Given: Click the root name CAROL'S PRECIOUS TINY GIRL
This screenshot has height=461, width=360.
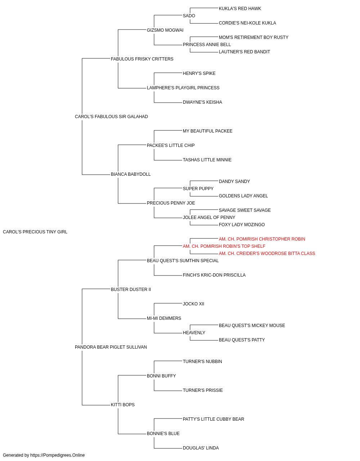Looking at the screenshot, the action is pos(35,232).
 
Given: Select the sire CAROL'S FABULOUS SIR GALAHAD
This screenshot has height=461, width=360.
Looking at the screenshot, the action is pos(111,117).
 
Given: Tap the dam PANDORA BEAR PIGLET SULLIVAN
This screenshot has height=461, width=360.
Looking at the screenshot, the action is pos(111,347).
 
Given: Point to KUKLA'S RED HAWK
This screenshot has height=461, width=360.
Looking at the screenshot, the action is pos(240,9).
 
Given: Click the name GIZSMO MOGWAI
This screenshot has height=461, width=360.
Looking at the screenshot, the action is pos(165,30).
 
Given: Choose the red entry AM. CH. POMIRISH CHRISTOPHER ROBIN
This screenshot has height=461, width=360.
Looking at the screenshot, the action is pos(262,239).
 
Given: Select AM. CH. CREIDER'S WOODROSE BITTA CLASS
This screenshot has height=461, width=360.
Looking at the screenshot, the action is pos(267,254).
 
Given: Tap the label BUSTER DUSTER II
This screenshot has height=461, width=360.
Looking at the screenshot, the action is pos(131,290).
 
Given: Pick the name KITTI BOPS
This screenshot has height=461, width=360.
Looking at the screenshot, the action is pos(123,405).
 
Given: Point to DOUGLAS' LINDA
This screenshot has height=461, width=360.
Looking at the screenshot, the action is pos(201,448).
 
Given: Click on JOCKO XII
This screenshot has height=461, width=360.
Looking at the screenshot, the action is pos(194,304).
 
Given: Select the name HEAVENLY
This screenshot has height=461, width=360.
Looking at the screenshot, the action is pos(194,333).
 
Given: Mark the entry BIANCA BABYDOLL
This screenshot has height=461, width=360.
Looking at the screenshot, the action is pos(131,174).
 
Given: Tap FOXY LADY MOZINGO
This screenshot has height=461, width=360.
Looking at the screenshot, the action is pos(242,225).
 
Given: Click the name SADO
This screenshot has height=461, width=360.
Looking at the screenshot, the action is pos(189,16).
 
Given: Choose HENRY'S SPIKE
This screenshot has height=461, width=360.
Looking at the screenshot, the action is pos(199,73).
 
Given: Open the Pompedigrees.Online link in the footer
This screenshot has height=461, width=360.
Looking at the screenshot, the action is pos(58,455).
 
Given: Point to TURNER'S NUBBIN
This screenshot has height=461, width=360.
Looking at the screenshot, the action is pos(202,362).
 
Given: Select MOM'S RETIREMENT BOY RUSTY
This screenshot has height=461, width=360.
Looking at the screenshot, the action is pos(253,37).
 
